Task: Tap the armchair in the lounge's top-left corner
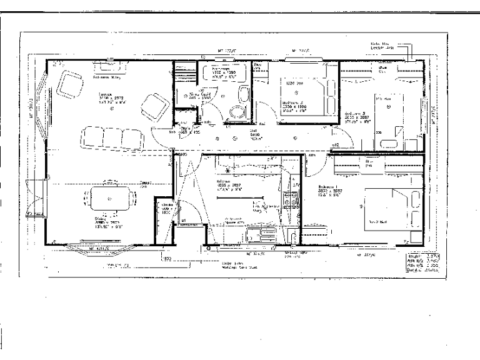point(69,84)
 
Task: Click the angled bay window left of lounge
point(40,112)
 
